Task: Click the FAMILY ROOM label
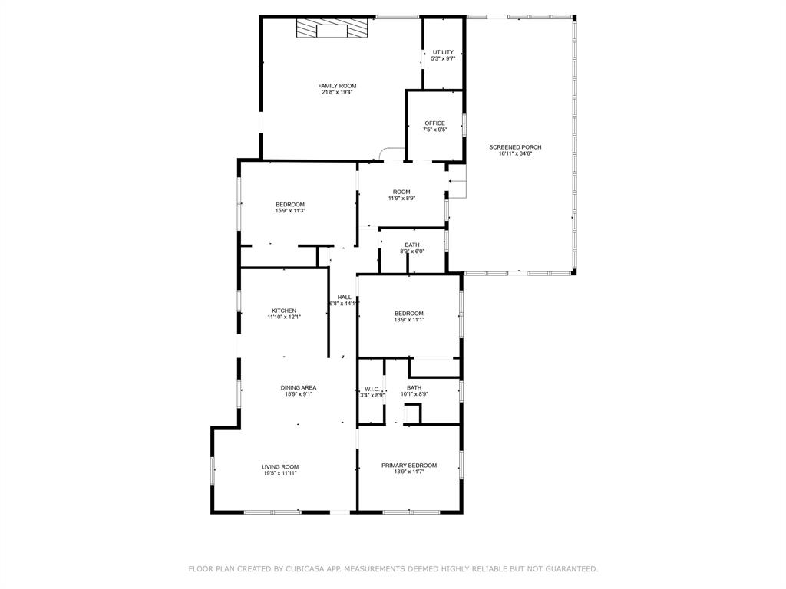(337, 86)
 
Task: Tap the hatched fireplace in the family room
(332, 29)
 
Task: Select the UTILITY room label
(443, 52)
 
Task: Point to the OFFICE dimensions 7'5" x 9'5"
(434, 130)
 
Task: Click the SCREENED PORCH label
(515, 147)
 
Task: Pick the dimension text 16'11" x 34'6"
(515, 154)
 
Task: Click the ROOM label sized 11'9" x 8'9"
(401, 192)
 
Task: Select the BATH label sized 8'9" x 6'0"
(412, 245)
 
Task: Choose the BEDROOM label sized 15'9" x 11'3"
(290, 204)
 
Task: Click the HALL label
(345, 297)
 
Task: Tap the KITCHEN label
(283, 311)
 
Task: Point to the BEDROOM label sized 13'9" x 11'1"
(408, 313)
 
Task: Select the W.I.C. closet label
(372, 389)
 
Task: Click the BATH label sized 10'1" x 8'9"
(414, 388)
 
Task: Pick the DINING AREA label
(298, 388)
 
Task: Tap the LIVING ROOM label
(279, 466)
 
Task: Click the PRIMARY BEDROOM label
(409, 466)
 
